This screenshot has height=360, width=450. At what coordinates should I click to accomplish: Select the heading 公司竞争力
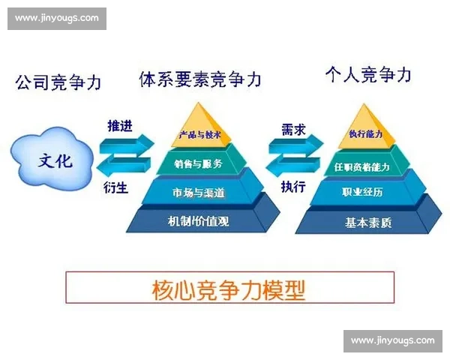[x=58, y=82]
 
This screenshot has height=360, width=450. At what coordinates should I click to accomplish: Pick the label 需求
[x=292, y=126]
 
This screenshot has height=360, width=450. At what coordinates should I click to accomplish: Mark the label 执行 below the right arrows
[x=292, y=187]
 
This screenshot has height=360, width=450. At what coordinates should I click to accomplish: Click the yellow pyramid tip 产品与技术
[x=197, y=135]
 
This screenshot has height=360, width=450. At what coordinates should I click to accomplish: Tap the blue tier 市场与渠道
[x=197, y=193]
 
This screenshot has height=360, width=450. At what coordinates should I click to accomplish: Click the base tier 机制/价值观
[x=197, y=221]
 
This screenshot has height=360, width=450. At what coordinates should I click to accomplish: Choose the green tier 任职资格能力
[x=366, y=164]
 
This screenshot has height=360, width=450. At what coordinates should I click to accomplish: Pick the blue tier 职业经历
[x=366, y=193]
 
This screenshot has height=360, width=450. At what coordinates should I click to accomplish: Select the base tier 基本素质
[x=366, y=222]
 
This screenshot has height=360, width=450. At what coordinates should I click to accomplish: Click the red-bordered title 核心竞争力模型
[x=229, y=289]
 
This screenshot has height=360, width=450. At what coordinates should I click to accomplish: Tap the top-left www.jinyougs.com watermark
[x=56, y=18]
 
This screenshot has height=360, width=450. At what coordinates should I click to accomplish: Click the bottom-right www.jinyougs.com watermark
[x=392, y=341]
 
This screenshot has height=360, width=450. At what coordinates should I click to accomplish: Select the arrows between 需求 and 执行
[x=292, y=157]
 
